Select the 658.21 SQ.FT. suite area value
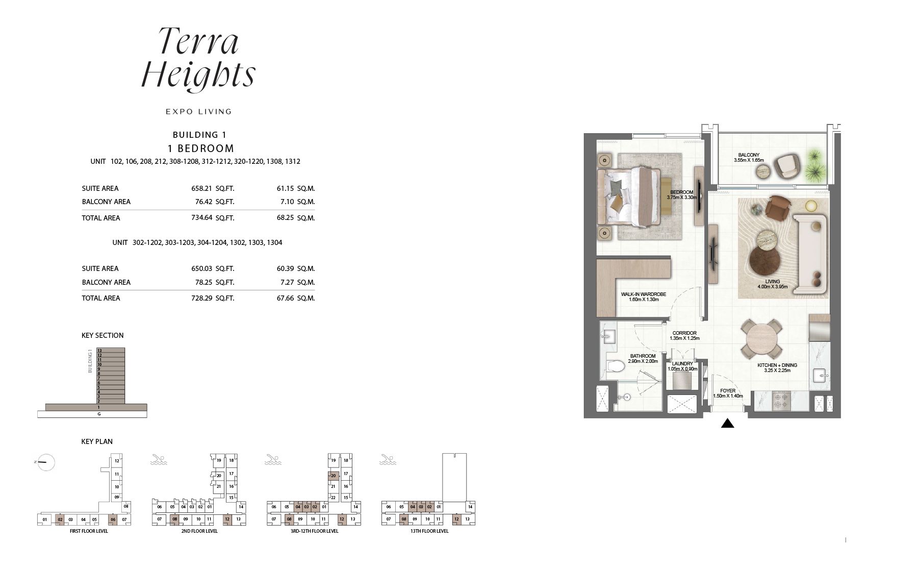pyautogui.click(x=209, y=188)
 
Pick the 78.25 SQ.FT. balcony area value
pyautogui.click(x=209, y=282)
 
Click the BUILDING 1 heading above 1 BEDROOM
pyautogui.click(x=199, y=135)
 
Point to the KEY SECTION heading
pyautogui.click(x=103, y=335)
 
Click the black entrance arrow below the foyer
pyautogui.click(x=727, y=423)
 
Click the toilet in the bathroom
pyautogui.click(x=615, y=366)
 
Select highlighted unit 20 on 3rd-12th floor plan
pyautogui.click(x=334, y=476)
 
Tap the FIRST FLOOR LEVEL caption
pyautogui.click(x=89, y=531)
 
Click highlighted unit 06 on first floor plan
pyautogui.click(x=113, y=520)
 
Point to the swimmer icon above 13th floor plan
pyautogui.click(x=389, y=460)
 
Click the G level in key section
pyautogui.click(x=99, y=414)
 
